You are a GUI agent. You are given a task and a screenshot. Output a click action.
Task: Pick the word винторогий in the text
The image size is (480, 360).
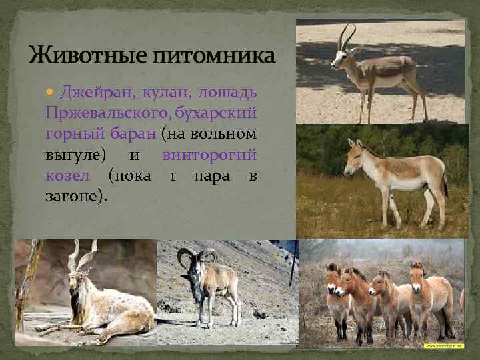209,155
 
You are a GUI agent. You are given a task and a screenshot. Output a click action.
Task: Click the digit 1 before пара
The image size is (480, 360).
172,176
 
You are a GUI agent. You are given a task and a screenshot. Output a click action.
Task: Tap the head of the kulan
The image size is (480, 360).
353,155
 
